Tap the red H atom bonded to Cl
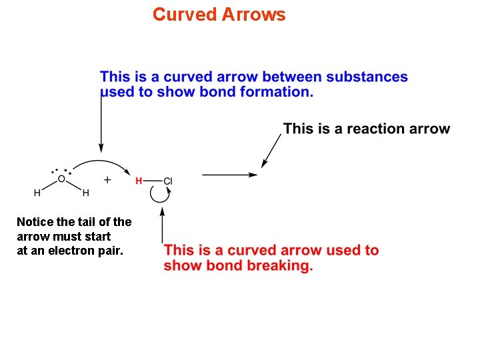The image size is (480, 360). (x=139, y=181)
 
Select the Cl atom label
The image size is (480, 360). (x=168, y=181)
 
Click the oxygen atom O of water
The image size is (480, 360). (x=61, y=179)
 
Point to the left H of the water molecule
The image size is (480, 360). (x=37, y=193)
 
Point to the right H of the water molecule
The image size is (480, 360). (x=85, y=193)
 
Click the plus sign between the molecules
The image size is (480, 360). (x=107, y=179)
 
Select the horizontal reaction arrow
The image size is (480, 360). (x=229, y=175)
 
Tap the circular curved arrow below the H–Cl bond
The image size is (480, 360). (x=159, y=194)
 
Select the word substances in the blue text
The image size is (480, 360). (x=370, y=77)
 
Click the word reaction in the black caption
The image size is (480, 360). (x=375, y=129)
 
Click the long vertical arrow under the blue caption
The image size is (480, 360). (x=101, y=123)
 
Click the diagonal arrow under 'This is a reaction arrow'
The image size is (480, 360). (x=271, y=150)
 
